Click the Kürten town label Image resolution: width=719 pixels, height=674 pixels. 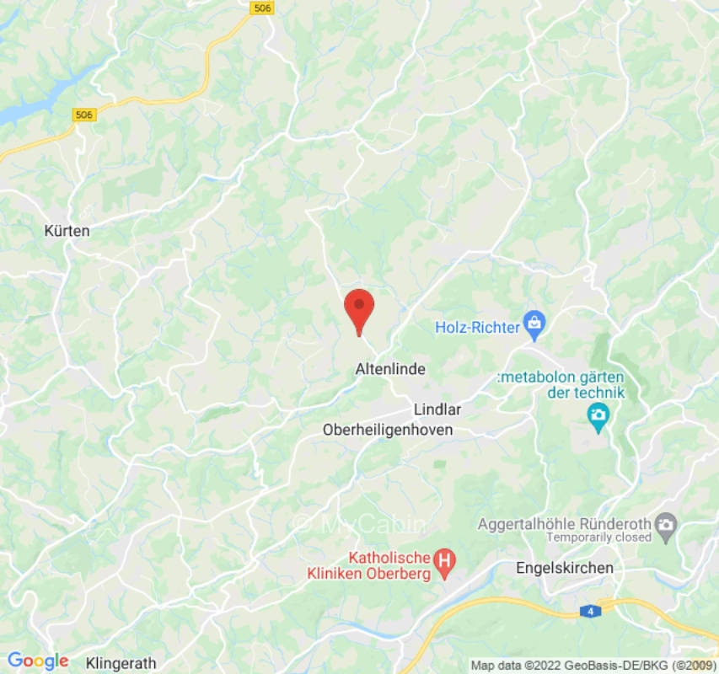coord(67,230)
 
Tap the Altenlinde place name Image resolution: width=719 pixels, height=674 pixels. coord(390,369)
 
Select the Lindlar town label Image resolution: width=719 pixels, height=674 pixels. coord(437,409)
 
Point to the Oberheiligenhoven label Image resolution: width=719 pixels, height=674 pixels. coord(388,430)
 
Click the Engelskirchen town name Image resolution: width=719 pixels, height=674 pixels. coord(565,568)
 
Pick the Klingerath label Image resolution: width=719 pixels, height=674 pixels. coord(121,662)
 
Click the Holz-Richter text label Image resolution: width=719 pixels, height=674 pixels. coord(477,326)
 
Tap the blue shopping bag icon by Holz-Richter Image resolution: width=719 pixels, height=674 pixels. coord(534,322)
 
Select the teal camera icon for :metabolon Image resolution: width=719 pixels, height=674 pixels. coord(598,415)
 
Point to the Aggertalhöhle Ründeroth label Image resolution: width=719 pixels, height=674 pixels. coord(564,523)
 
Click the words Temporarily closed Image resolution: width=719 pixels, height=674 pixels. coord(598,538)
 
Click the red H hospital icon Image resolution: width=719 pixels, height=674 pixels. coord(444,559)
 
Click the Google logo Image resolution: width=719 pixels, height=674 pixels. coord(37,661)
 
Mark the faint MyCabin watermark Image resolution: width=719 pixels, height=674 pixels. coord(360,524)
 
